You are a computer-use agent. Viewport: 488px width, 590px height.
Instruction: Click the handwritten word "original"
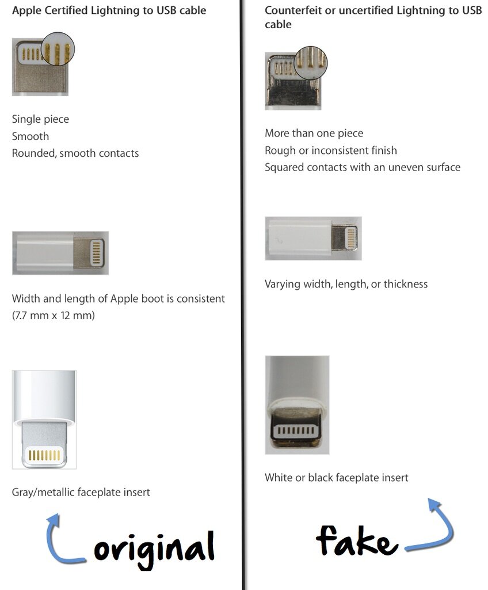click(x=154, y=548)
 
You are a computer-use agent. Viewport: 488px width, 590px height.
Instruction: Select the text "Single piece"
click(x=40, y=119)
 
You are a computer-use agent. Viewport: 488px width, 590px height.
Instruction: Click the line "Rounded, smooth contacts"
click(x=75, y=153)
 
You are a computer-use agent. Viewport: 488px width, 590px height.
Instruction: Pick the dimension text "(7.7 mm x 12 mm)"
click(x=53, y=316)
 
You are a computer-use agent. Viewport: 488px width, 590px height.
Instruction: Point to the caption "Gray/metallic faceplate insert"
click(x=81, y=492)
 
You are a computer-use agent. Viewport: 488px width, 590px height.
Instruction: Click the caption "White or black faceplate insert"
click(x=337, y=478)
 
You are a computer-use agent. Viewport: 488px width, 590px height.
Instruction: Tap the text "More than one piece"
click(x=314, y=133)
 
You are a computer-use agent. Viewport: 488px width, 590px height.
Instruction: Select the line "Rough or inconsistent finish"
click(x=331, y=150)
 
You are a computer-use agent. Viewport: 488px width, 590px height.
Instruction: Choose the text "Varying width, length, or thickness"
click(x=346, y=284)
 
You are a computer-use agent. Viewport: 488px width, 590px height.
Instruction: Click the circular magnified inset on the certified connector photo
click(x=58, y=49)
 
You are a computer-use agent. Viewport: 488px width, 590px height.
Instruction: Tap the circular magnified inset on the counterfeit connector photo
click(x=310, y=62)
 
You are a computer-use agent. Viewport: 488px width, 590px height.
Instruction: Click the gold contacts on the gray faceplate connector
click(x=44, y=455)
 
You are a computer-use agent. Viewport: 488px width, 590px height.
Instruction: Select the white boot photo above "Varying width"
click(x=313, y=238)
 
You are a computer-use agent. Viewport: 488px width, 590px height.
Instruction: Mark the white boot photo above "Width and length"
click(x=60, y=253)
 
